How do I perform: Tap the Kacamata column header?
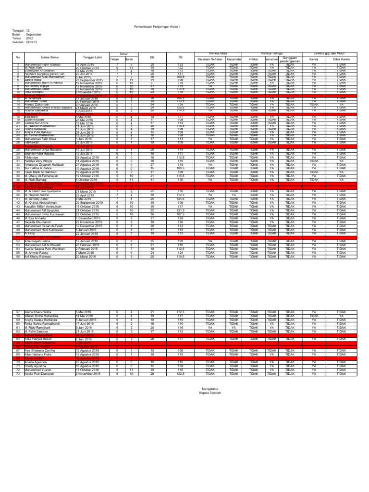(234, 60)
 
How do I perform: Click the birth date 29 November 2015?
(88, 222)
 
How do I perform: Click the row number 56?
(17, 243)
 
